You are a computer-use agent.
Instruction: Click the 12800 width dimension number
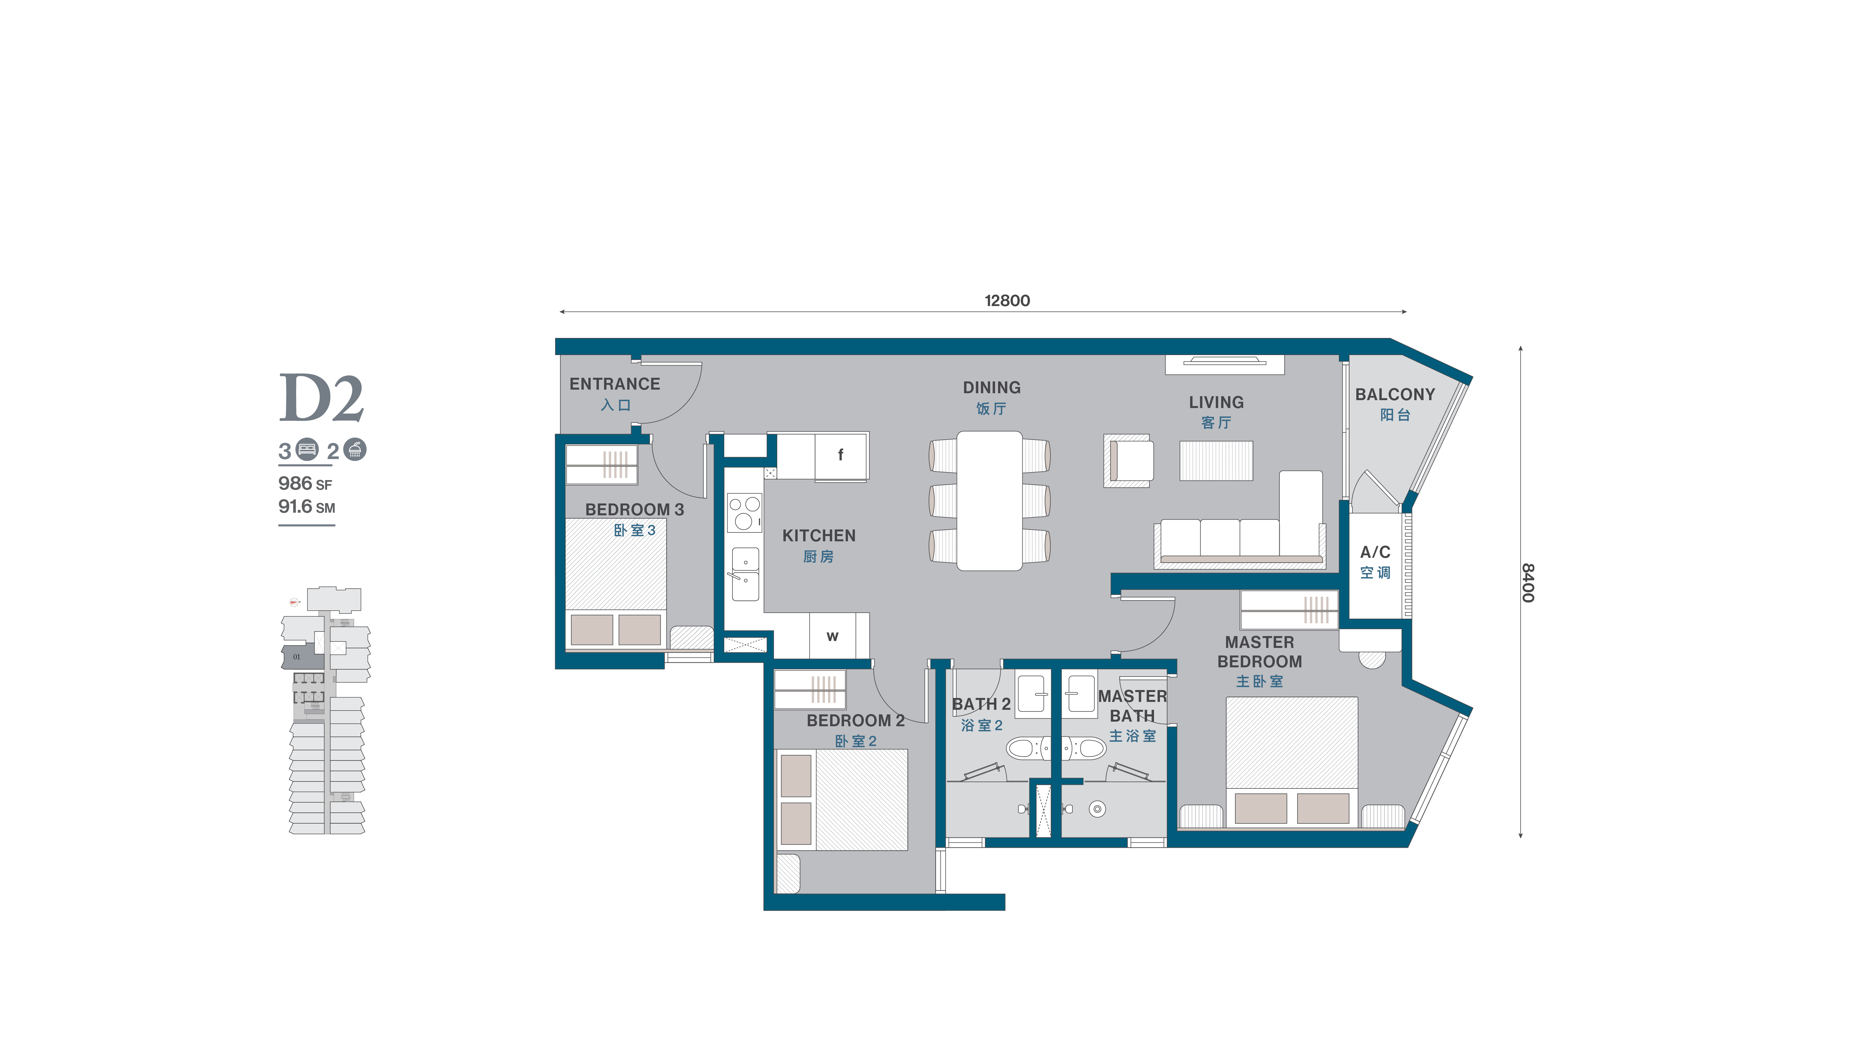click(1007, 300)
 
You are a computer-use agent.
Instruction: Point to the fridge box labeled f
click(841, 456)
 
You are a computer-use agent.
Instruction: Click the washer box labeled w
click(833, 635)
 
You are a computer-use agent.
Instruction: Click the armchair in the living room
click(1128, 461)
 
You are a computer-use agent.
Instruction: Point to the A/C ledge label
click(1375, 552)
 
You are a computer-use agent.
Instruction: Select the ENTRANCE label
click(614, 384)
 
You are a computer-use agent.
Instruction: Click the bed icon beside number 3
click(308, 449)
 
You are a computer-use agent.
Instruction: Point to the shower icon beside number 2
click(355, 449)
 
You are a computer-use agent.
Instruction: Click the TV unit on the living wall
click(1224, 364)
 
